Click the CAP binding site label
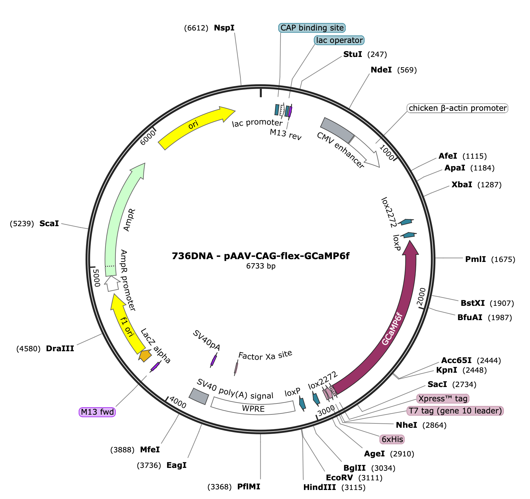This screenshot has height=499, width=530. tap(312, 28)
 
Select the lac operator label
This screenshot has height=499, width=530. tap(339, 40)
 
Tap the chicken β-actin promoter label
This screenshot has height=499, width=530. tap(458, 108)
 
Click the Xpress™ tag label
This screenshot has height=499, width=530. tap(443, 399)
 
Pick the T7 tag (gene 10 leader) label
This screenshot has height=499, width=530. tap(455, 411)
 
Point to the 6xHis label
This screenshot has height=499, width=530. tap(392, 440)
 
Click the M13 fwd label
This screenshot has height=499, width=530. tap(97, 413)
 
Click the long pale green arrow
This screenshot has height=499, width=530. tap(117, 218)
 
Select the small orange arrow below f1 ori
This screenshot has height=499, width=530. tap(145, 355)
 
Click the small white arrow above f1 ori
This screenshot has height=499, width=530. tap(112, 284)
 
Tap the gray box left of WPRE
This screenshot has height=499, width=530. tap(199, 396)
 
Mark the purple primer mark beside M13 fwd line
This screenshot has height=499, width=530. tap(156, 366)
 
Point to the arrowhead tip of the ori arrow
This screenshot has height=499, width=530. tap(235, 110)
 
